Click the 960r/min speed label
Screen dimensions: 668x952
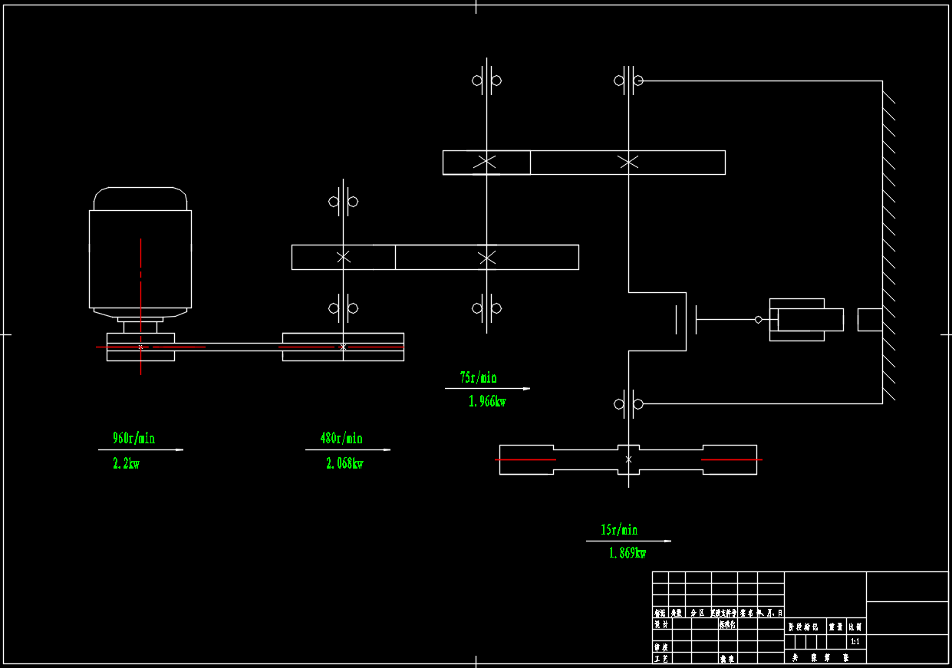[x=133, y=439]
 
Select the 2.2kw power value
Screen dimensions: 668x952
[x=127, y=463]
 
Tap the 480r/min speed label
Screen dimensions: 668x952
[x=341, y=439]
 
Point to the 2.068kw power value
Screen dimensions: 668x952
[x=344, y=463]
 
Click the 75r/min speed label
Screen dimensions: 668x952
[x=478, y=377]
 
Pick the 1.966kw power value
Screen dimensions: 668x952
[x=487, y=401]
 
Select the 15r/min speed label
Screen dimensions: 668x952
[x=618, y=530]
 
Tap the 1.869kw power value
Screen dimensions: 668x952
[x=628, y=553]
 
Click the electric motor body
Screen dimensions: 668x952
[x=140, y=257]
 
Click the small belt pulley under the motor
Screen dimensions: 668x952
[x=140, y=347]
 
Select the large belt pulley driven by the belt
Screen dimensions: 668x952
[x=343, y=347]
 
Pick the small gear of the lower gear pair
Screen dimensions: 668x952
[x=344, y=257]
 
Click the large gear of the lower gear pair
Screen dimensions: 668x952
[x=486, y=257]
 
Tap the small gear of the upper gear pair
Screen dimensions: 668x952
[x=486, y=163]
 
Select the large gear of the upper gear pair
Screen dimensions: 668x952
[x=628, y=163]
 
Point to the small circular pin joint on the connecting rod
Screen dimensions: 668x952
[x=758, y=320]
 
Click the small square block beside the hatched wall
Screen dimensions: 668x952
[x=869, y=320]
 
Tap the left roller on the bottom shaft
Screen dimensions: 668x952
[x=526, y=459]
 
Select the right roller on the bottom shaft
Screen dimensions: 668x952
[x=729, y=459]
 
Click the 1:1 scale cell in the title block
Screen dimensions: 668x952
[x=855, y=640]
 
